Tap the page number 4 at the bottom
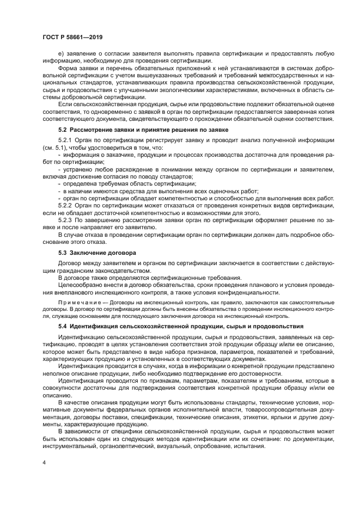tap(44, 462)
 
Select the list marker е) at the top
tap(61, 53)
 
